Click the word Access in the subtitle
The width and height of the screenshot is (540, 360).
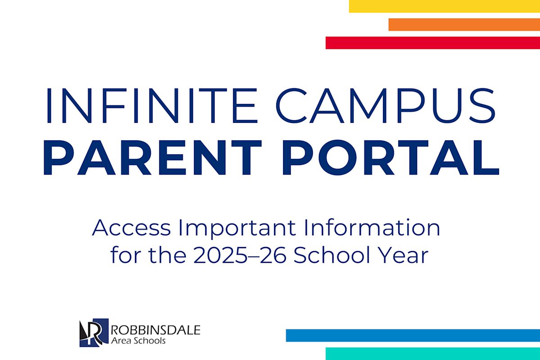tap(131, 228)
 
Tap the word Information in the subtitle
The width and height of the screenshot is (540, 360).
tap(371, 228)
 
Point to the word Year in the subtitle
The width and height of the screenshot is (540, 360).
tap(404, 255)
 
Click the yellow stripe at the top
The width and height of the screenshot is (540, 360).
tap(444, 6)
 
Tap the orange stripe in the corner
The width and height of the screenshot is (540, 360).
tap(464, 24)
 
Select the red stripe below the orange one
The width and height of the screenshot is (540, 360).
tap(432, 43)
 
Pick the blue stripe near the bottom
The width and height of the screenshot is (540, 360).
tap(413, 335)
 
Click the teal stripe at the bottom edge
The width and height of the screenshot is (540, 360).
tap(432, 354)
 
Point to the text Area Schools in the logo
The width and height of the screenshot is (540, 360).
tap(138, 341)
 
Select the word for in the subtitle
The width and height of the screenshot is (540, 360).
tap(121, 255)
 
